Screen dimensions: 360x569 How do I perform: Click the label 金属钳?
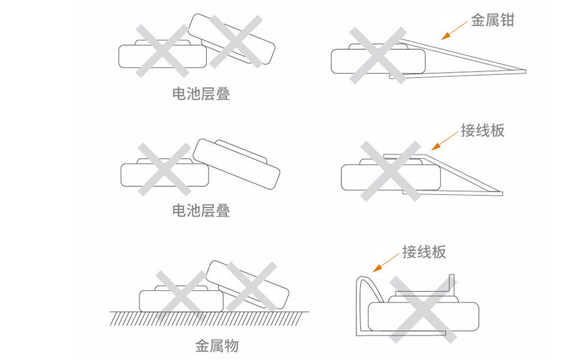click(493, 20)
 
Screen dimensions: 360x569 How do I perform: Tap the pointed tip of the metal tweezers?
click(524, 70)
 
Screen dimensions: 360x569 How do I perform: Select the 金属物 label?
click(217, 346)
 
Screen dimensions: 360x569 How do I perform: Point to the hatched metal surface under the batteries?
click(209, 318)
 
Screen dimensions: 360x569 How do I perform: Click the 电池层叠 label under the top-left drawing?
click(201, 94)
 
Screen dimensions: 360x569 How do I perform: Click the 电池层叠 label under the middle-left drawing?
click(201, 210)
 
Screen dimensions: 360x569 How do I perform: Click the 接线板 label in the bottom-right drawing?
click(424, 252)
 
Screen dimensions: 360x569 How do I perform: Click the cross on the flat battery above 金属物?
click(181, 295)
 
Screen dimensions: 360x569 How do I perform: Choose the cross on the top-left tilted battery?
click(236, 42)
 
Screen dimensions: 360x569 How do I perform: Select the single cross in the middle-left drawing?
click(164, 169)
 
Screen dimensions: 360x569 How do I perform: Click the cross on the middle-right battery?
click(390, 171)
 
